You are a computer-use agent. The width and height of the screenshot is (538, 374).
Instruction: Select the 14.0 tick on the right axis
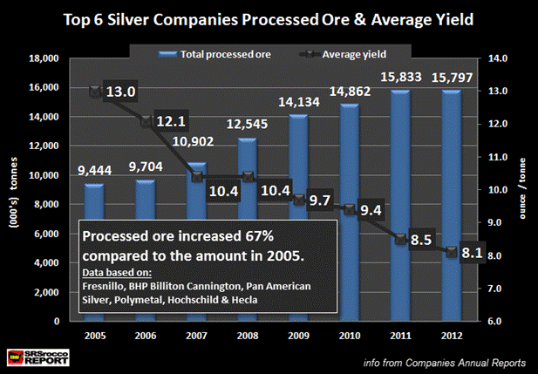click(x=497, y=59)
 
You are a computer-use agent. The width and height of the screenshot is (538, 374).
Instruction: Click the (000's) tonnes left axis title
click(x=13, y=189)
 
